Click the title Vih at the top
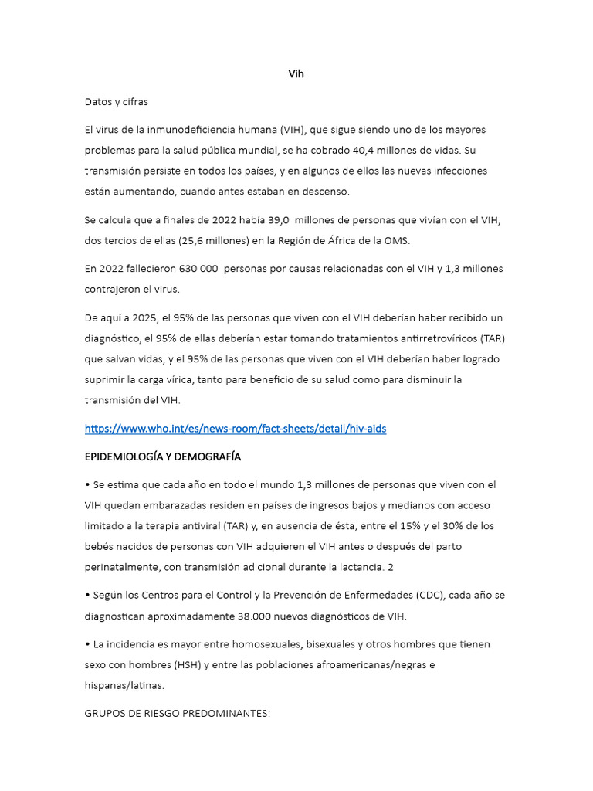296,74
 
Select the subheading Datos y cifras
116,101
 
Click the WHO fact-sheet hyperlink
236,428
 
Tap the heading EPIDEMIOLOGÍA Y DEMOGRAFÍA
163,457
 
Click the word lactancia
348,567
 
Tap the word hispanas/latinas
124,684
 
